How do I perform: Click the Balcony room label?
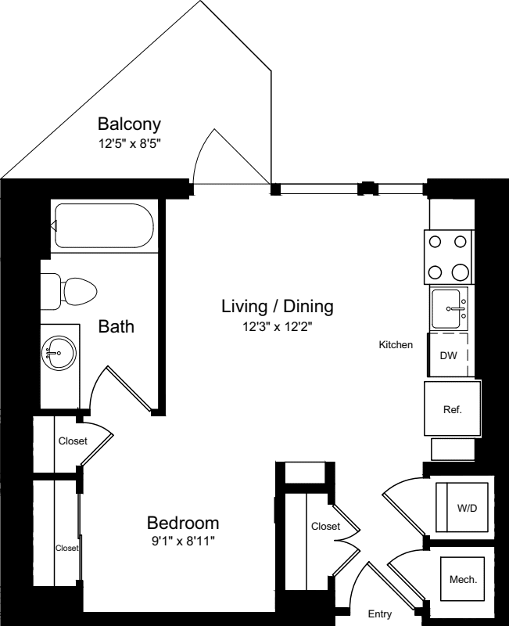pos(129,124)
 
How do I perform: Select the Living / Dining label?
pos(277,306)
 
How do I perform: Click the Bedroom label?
pos(183,523)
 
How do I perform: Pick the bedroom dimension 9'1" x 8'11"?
pos(183,541)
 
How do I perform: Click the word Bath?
pos(116,326)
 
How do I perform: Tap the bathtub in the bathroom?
pos(103,227)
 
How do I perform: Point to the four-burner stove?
pos(450,257)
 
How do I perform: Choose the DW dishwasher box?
pos(448,356)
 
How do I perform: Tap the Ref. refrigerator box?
pos(452,408)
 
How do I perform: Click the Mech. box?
pos(463,580)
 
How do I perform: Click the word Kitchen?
pos(396,344)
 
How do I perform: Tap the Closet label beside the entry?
pos(325,527)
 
